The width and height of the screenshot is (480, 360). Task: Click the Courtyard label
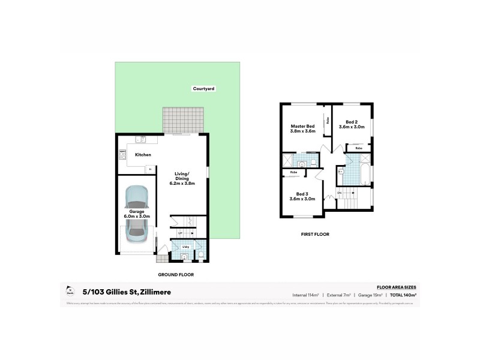pos(203,89)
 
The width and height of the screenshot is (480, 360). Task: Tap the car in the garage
pos(136,211)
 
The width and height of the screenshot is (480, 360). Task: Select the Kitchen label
pos(143,155)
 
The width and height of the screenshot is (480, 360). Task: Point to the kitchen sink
pos(142,139)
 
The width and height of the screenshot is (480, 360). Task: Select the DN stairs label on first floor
pos(339,192)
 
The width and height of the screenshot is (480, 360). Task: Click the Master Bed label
pos(302,127)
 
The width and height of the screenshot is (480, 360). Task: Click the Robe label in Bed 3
pos(293,173)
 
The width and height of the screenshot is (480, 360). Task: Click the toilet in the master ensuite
pos(312,163)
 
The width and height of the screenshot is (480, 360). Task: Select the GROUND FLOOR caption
pos(175,274)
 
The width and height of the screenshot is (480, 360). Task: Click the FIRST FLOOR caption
pos(315,234)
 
